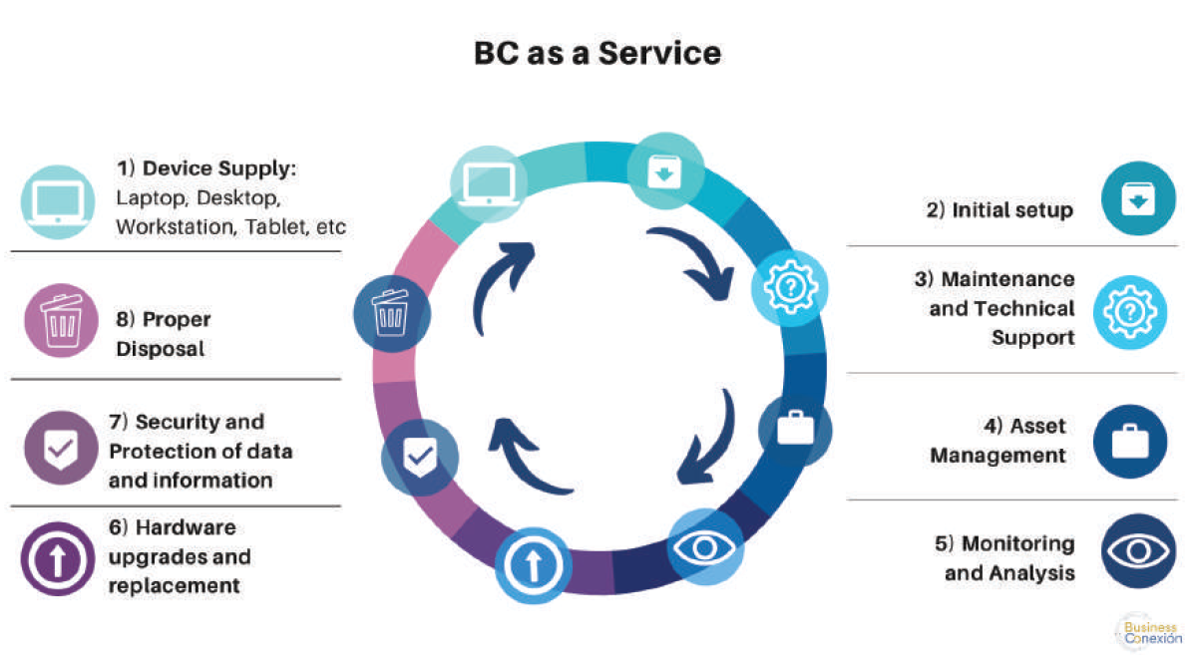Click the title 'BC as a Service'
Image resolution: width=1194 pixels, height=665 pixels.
tap(597, 53)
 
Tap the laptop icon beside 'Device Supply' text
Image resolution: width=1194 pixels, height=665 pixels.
tap(58, 201)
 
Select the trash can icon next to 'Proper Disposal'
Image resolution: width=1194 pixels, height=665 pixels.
tap(61, 321)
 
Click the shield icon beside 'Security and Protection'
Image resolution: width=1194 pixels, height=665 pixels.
tap(61, 449)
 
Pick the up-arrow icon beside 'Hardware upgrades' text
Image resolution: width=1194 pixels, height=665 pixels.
tap(58, 559)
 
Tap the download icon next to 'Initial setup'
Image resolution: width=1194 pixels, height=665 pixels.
tap(1138, 198)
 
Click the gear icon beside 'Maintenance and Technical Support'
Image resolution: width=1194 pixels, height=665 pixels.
tap(1131, 312)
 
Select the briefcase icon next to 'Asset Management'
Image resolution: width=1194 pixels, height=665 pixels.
tap(1131, 442)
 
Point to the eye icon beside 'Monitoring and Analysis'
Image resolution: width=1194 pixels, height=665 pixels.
tap(1138, 551)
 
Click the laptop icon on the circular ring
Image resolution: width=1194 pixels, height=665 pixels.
tap(489, 184)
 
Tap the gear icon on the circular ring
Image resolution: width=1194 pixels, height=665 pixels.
tap(790, 287)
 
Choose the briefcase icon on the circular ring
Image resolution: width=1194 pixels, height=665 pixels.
tap(795, 429)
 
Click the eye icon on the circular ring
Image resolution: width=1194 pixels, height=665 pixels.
tap(705, 547)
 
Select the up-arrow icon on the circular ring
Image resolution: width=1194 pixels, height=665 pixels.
tap(533, 565)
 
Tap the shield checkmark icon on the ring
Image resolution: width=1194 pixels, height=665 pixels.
tap(420, 458)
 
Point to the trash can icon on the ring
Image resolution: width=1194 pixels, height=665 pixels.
tap(392, 313)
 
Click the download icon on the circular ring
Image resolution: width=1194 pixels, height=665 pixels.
tap(664, 171)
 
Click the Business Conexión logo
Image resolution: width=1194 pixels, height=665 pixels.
tap(1150, 632)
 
